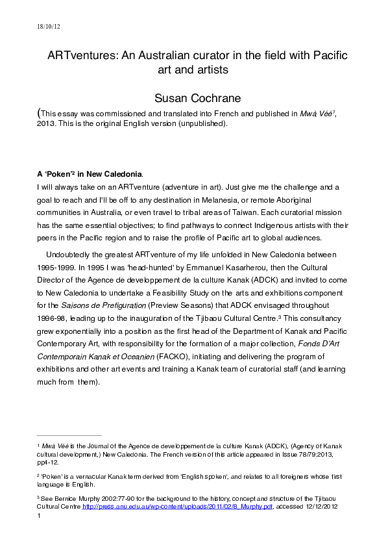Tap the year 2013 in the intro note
[49, 123]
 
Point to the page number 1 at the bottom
[40, 516]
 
